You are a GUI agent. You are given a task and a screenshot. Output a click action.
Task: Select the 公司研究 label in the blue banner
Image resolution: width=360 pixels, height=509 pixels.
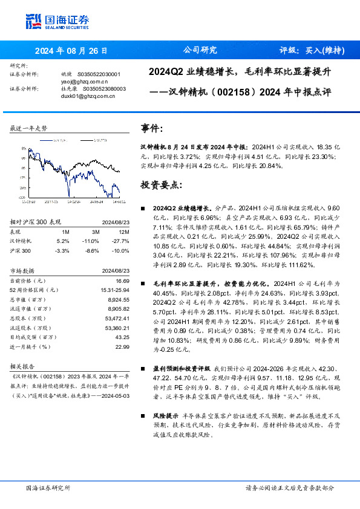pos(199,51)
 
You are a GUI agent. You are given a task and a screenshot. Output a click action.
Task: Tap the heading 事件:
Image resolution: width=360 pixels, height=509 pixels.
pos(151,129)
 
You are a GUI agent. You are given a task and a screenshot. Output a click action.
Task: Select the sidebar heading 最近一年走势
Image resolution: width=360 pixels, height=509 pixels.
pos(28,128)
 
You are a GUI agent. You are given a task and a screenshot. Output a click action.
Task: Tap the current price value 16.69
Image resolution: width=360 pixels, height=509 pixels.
pos(122,281)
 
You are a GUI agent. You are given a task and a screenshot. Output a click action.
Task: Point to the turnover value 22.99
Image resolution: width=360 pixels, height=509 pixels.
pos(122,346)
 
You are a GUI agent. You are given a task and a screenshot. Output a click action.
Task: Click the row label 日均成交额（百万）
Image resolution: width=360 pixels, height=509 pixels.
pos(32,337)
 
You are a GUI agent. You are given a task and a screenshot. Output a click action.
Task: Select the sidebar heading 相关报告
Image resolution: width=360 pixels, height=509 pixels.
pos(24,367)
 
